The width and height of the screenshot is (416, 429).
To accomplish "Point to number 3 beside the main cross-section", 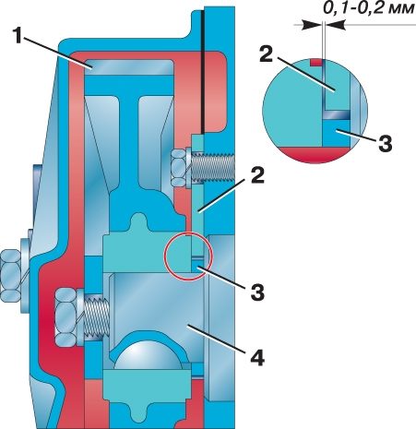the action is pos(257,292).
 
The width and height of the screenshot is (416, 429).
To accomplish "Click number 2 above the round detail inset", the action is pos(267,54).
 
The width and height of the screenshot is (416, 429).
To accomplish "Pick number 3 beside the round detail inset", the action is pos(385,143).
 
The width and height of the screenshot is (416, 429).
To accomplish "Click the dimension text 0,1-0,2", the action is pos(351,8).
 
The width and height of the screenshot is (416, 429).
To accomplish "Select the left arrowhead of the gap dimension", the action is pos(312,25).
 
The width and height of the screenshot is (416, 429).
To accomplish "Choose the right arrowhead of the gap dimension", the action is pos(334,25).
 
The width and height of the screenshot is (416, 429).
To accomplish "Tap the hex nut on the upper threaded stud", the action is pos(178,168).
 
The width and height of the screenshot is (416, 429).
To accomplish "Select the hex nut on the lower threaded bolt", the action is pos(67,316).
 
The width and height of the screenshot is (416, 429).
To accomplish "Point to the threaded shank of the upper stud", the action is pos(213,168).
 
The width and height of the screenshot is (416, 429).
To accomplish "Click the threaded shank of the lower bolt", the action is pos(95,316).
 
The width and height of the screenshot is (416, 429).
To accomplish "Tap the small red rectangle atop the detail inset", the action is pos(316,63).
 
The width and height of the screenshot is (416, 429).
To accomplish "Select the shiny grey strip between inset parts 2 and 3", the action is pos(337,115).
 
